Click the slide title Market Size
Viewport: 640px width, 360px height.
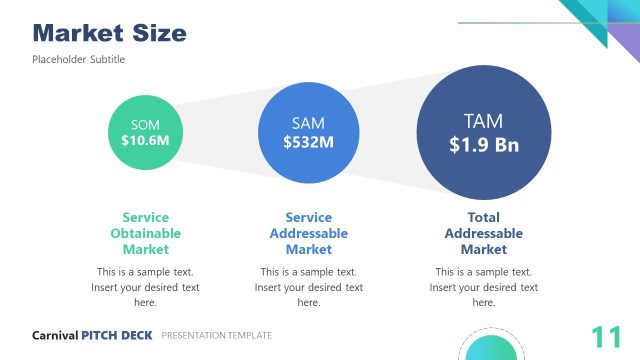(x=109, y=32)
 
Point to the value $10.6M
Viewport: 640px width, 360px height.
(x=145, y=141)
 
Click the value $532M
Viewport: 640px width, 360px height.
(x=308, y=142)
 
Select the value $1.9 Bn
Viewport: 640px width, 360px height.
(x=483, y=144)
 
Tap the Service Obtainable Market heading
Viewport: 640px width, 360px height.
(x=145, y=233)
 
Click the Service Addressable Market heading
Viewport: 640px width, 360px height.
(x=308, y=233)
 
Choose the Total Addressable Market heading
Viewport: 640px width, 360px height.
(x=483, y=233)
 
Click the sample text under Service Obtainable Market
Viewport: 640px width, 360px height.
(x=145, y=287)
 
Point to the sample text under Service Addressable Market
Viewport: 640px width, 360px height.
(x=308, y=287)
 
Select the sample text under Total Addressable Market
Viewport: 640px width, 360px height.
(x=483, y=287)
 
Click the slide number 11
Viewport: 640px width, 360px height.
(x=604, y=337)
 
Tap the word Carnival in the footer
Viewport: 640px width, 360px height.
(x=55, y=336)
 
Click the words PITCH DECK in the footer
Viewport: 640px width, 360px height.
(x=117, y=336)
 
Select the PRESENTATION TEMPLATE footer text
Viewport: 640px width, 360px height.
(x=216, y=336)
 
